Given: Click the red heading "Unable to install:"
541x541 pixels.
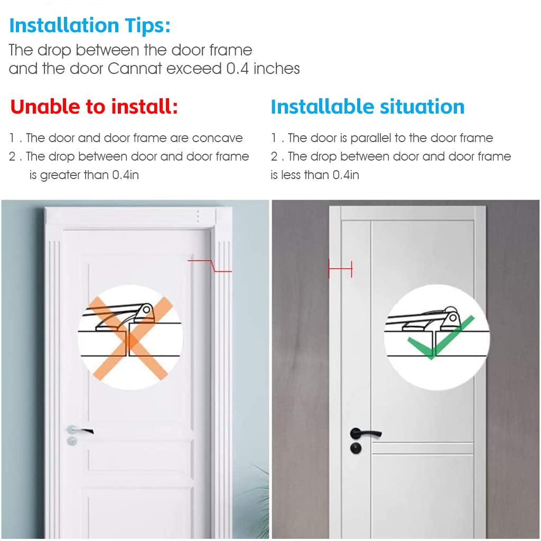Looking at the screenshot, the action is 94,106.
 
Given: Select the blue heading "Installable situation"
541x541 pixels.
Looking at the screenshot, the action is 368,106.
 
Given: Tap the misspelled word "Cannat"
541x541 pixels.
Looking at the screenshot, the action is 135,68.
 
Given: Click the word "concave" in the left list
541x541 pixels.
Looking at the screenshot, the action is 217,138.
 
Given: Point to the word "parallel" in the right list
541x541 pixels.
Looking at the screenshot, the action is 371,138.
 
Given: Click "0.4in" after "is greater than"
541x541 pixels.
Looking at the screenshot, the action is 126,175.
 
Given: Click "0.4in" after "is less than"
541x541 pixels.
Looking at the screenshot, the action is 346,175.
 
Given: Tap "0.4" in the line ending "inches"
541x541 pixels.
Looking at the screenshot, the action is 237,68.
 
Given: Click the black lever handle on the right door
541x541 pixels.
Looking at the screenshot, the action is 366,433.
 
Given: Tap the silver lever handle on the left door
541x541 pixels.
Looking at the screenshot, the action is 80,430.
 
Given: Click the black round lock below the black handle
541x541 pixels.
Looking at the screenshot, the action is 356,448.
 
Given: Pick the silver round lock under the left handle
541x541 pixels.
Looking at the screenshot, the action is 72,441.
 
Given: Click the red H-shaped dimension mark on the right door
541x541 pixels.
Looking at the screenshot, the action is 340,268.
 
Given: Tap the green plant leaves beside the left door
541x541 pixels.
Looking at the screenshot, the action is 258,497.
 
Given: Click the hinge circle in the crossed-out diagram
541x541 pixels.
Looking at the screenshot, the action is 147,309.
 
